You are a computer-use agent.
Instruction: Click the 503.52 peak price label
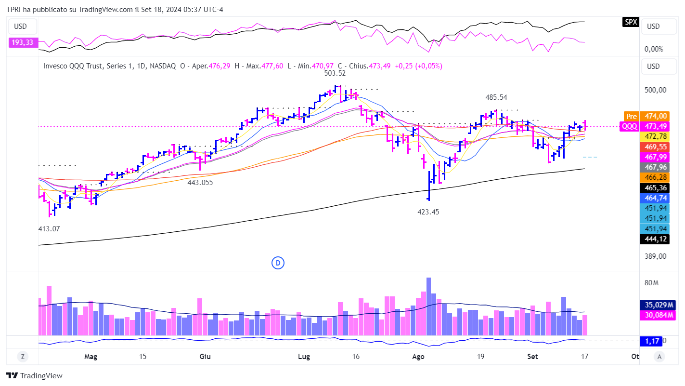click(x=335, y=73)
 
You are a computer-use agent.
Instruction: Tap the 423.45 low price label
click(x=428, y=212)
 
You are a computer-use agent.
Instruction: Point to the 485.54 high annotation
click(x=496, y=97)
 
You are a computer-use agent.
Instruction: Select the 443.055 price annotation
click(x=200, y=183)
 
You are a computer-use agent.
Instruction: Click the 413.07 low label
click(x=49, y=228)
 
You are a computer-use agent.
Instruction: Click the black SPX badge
click(x=631, y=22)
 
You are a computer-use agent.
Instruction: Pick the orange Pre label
click(x=631, y=116)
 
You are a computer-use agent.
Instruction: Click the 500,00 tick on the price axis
click(x=655, y=90)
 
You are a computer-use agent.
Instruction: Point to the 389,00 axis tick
click(x=655, y=256)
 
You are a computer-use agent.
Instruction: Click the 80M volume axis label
click(x=651, y=282)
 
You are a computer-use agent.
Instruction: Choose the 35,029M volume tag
click(x=658, y=305)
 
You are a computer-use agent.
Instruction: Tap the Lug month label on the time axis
click(x=304, y=357)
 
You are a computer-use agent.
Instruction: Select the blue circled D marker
click(x=278, y=263)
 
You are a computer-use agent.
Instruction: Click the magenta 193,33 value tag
click(x=22, y=43)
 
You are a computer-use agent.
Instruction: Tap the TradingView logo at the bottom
click(x=34, y=376)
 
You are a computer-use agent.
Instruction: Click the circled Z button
click(x=22, y=357)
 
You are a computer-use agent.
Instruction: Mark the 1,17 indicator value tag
click(x=651, y=341)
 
